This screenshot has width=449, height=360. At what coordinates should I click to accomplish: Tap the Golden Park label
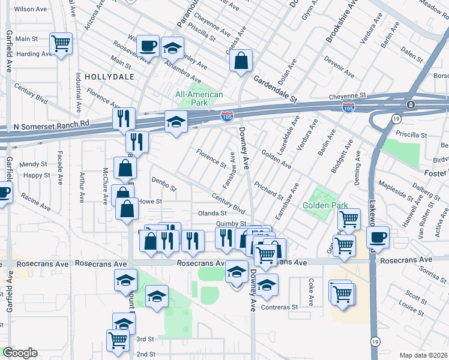click(325, 205)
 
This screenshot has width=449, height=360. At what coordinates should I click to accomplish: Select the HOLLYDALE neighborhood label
click(108, 77)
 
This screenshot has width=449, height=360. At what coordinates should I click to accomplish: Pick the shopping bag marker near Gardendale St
click(241, 61)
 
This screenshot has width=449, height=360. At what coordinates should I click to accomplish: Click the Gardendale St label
click(275, 88)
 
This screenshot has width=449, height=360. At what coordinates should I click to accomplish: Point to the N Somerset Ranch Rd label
click(51, 127)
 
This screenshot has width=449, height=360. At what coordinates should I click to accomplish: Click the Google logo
click(20, 353)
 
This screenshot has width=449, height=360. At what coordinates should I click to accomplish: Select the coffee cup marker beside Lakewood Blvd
click(378, 237)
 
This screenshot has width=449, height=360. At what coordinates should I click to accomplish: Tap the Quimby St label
click(231, 224)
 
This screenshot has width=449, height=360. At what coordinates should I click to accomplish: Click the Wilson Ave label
click(30, 10)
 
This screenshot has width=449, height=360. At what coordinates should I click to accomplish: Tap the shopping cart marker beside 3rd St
click(118, 340)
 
